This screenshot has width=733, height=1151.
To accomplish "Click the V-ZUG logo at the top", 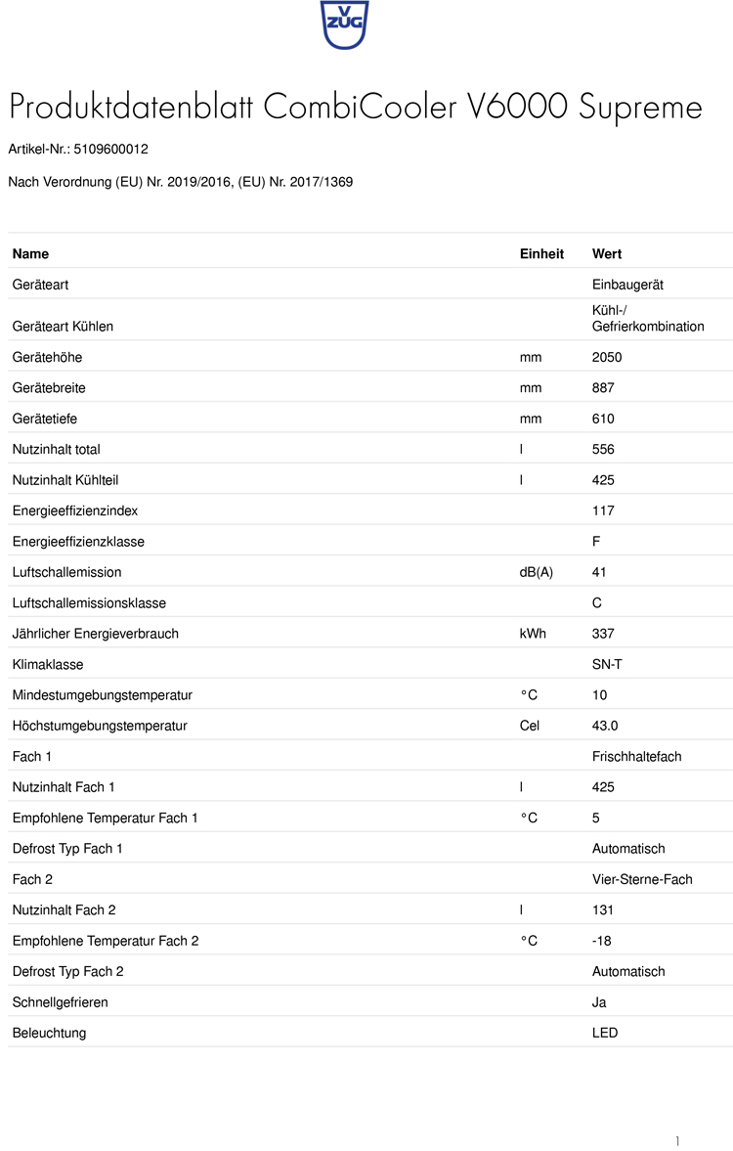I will [x=344, y=24].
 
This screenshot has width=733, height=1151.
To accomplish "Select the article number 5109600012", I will [x=110, y=150].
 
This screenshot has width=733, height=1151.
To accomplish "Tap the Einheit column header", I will [x=541, y=254].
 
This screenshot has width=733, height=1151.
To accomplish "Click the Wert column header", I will [x=607, y=254].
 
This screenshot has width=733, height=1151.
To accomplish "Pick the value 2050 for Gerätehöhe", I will [x=607, y=357].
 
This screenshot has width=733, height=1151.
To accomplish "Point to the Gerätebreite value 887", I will [x=603, y=388].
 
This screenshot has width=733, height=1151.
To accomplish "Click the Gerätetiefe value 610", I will [x=603, y=419].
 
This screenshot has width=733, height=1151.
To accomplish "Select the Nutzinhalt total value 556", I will [x=603, y=450].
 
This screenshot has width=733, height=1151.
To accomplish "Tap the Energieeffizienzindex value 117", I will [x=603, y=510].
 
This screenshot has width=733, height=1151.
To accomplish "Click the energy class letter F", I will [x=596, y=542].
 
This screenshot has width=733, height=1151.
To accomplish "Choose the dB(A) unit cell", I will [x=536, y=572].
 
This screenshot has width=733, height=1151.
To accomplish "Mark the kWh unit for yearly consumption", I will [x=533, y=634].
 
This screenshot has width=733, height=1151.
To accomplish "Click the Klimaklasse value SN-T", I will [x=607, y=664].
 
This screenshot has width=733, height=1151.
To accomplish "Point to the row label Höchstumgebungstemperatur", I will [x=100, y=726].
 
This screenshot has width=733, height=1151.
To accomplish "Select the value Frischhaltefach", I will [x=636, y=757].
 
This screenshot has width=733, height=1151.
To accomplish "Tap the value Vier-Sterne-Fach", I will [x=642, y=879].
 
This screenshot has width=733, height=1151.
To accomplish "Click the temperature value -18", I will [x=603, y=941].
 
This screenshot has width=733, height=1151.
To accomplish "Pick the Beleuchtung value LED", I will [x=605, y=1033].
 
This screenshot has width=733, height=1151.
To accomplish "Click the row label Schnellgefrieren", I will [x=61, y=1002].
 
